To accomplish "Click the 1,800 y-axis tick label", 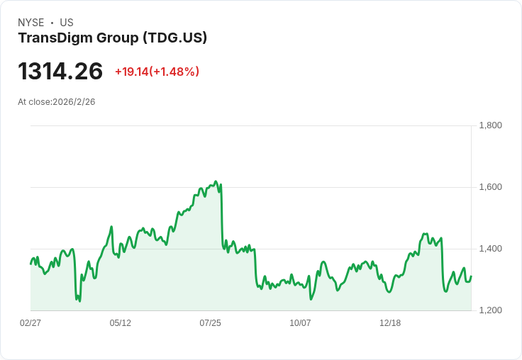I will (490, 125).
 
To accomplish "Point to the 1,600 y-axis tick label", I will (490, 187).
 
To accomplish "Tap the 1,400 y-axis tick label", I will (490, 249).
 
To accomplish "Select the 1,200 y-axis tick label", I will (490, 310).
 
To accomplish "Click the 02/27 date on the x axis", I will (30, 323).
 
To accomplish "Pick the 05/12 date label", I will (121, 323).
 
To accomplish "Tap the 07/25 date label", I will (211, 323).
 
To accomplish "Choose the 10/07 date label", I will (300, 323).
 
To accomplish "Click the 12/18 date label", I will (390, 323).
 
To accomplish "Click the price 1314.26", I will (60, 72).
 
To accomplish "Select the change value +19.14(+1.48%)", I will (157, 72).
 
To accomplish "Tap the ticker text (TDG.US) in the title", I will (174, 38).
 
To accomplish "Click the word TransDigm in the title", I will (52, 38).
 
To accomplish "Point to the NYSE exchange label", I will (31, 23).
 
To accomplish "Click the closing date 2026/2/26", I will (74, 102).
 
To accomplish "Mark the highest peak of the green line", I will (216, 181).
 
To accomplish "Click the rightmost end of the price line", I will (471, 276).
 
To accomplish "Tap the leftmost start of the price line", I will (30, 264).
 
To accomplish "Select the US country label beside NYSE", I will (67, 23).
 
